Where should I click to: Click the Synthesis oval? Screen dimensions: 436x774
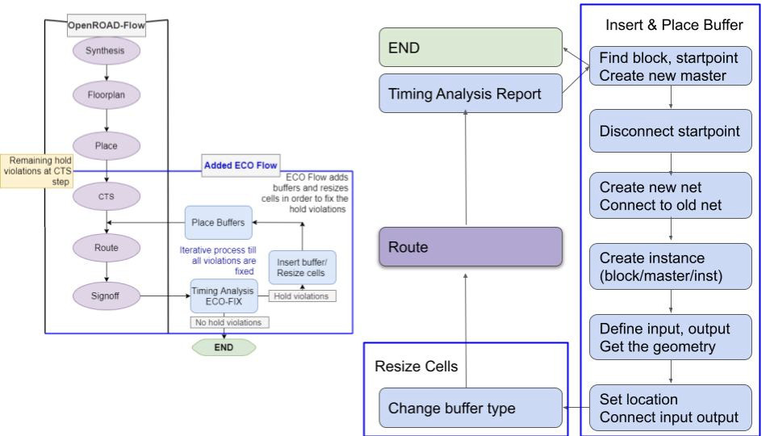click(107, 51)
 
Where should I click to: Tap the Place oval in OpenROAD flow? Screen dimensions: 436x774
click(107, 146)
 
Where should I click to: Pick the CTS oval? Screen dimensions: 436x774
click(107, 195)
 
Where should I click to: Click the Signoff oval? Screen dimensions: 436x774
click(107, 296)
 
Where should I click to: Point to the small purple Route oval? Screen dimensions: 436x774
click(107, 247)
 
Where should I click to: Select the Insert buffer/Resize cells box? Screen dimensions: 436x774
click(302, 267)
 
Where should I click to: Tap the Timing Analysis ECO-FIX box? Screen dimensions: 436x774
click(223, 296)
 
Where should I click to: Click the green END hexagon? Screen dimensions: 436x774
click(224, 347)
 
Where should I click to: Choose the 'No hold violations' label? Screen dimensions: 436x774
click(229, 323)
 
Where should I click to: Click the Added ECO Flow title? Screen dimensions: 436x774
click(240, 166)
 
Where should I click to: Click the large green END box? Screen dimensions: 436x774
click(471, 48)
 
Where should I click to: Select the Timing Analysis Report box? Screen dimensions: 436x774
click(471, 94)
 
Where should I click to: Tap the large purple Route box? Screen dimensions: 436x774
click(471, 247)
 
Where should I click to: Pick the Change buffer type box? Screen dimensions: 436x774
click(471, 408)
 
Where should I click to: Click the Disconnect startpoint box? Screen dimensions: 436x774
click(671, 130)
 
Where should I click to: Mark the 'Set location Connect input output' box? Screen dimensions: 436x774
click(671, 408)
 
